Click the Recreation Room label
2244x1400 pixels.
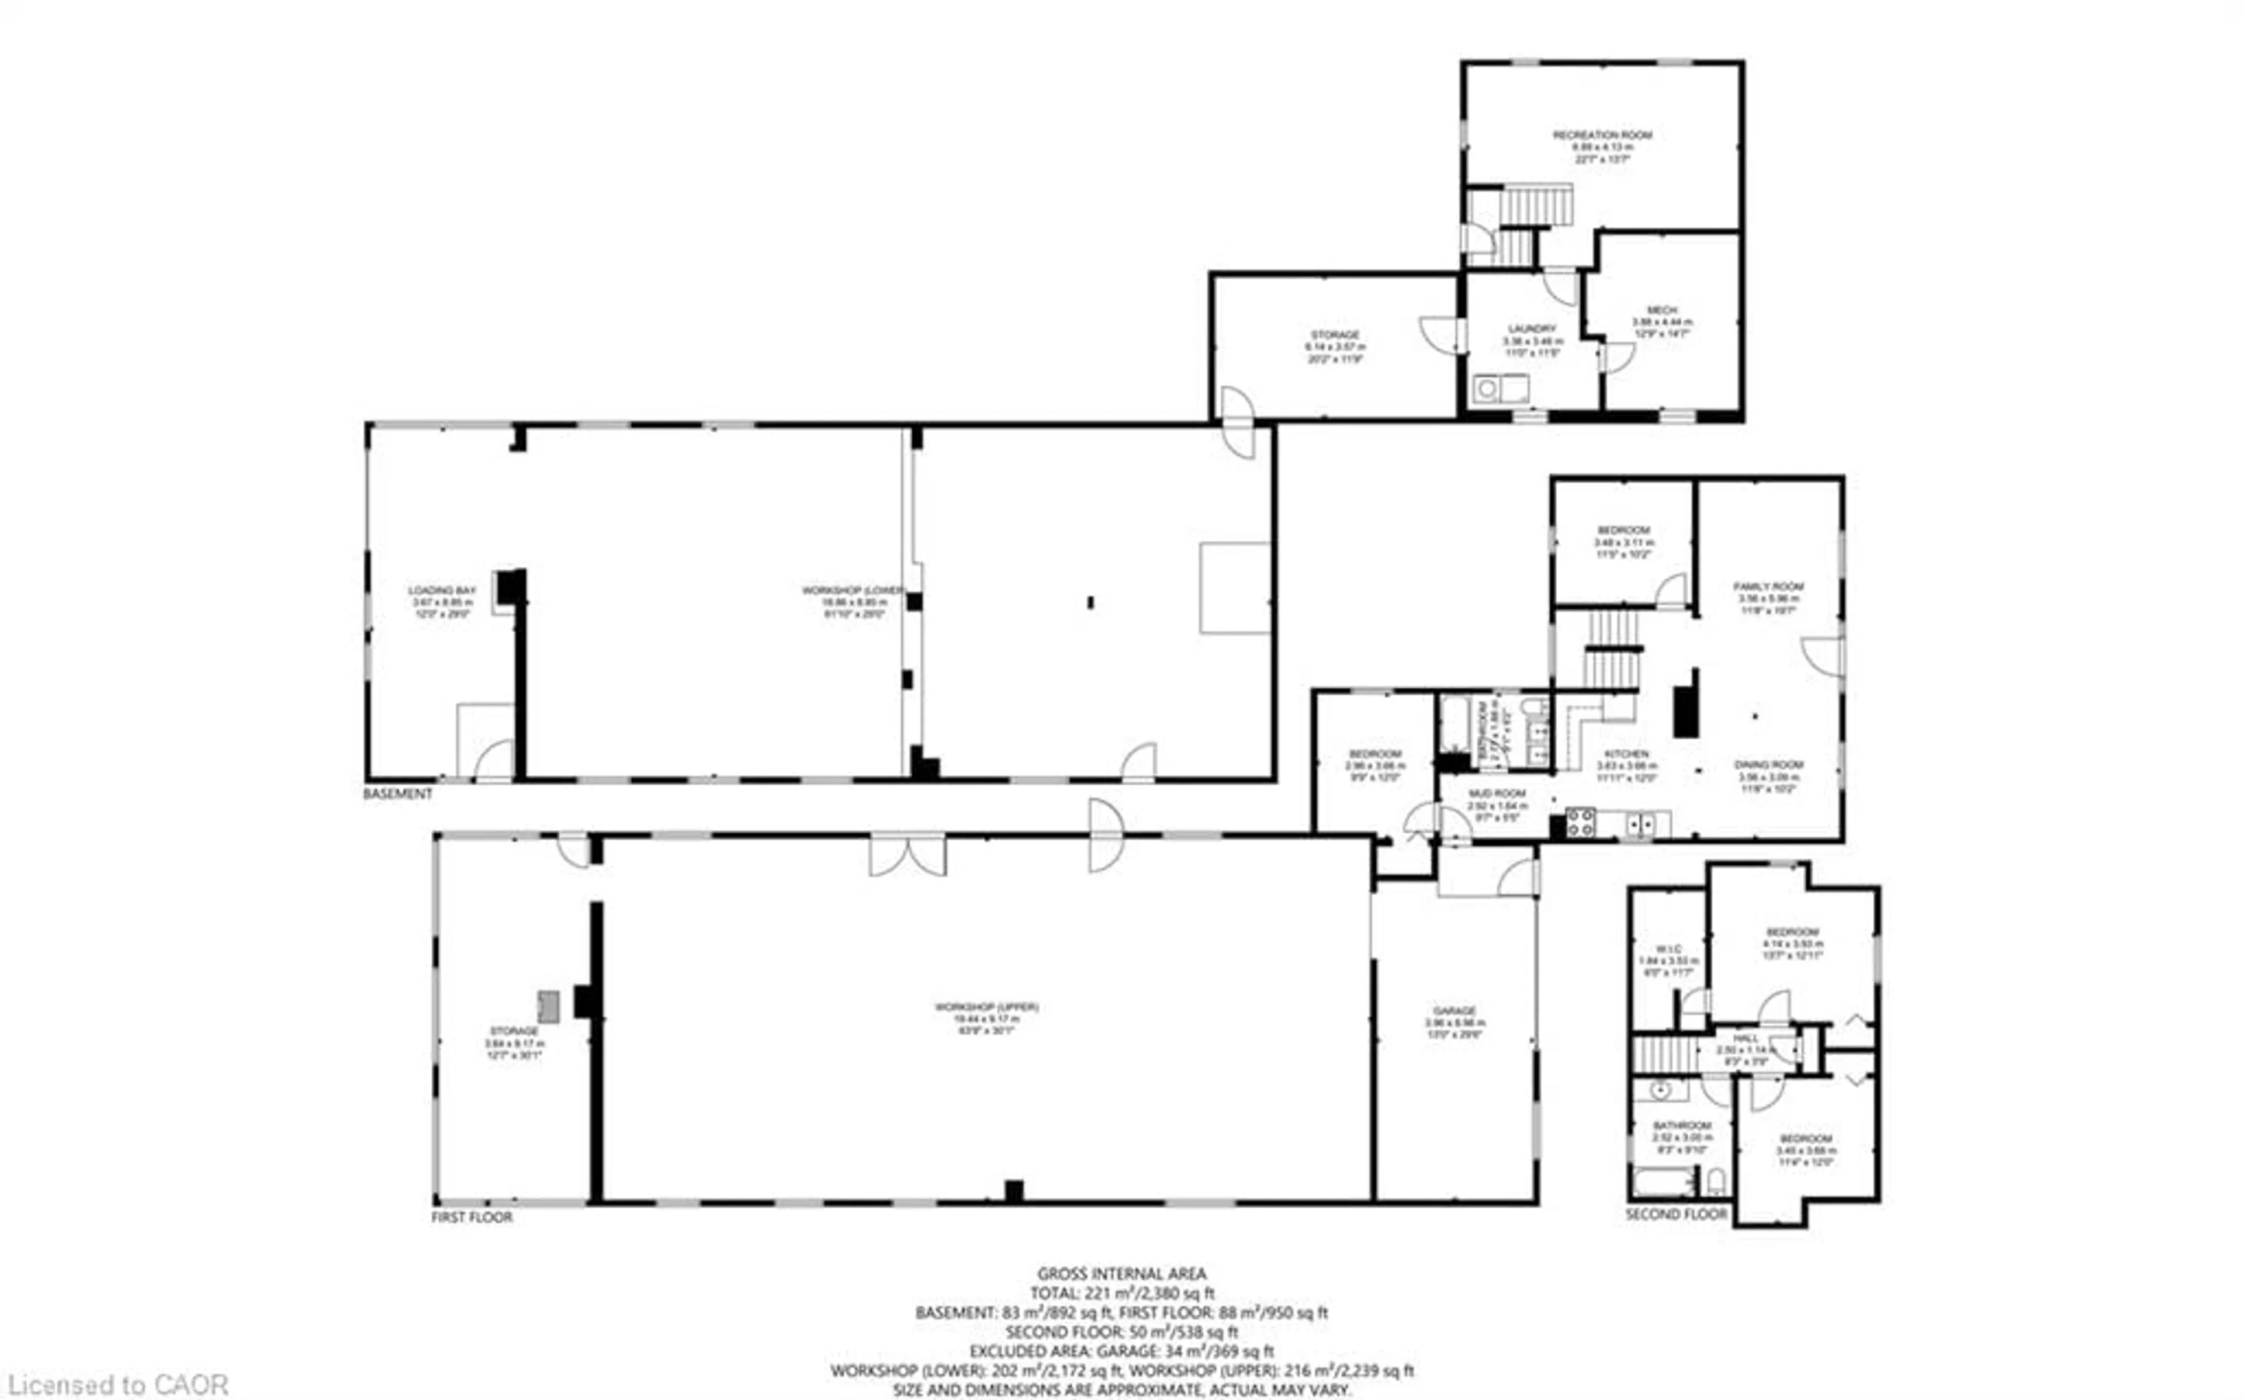1602,135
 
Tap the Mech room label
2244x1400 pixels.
1662,310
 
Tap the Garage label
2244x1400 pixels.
1455,1010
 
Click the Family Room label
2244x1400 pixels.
1768,586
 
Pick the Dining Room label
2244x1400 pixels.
1768,765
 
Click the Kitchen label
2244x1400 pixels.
1626,754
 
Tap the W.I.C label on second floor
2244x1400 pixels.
1668,949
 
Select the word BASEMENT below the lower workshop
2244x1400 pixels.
397,793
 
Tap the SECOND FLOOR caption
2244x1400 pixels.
1677,1214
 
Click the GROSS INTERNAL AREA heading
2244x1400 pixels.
1121,1274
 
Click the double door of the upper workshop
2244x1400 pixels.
907,855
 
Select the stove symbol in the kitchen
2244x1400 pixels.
1580,822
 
